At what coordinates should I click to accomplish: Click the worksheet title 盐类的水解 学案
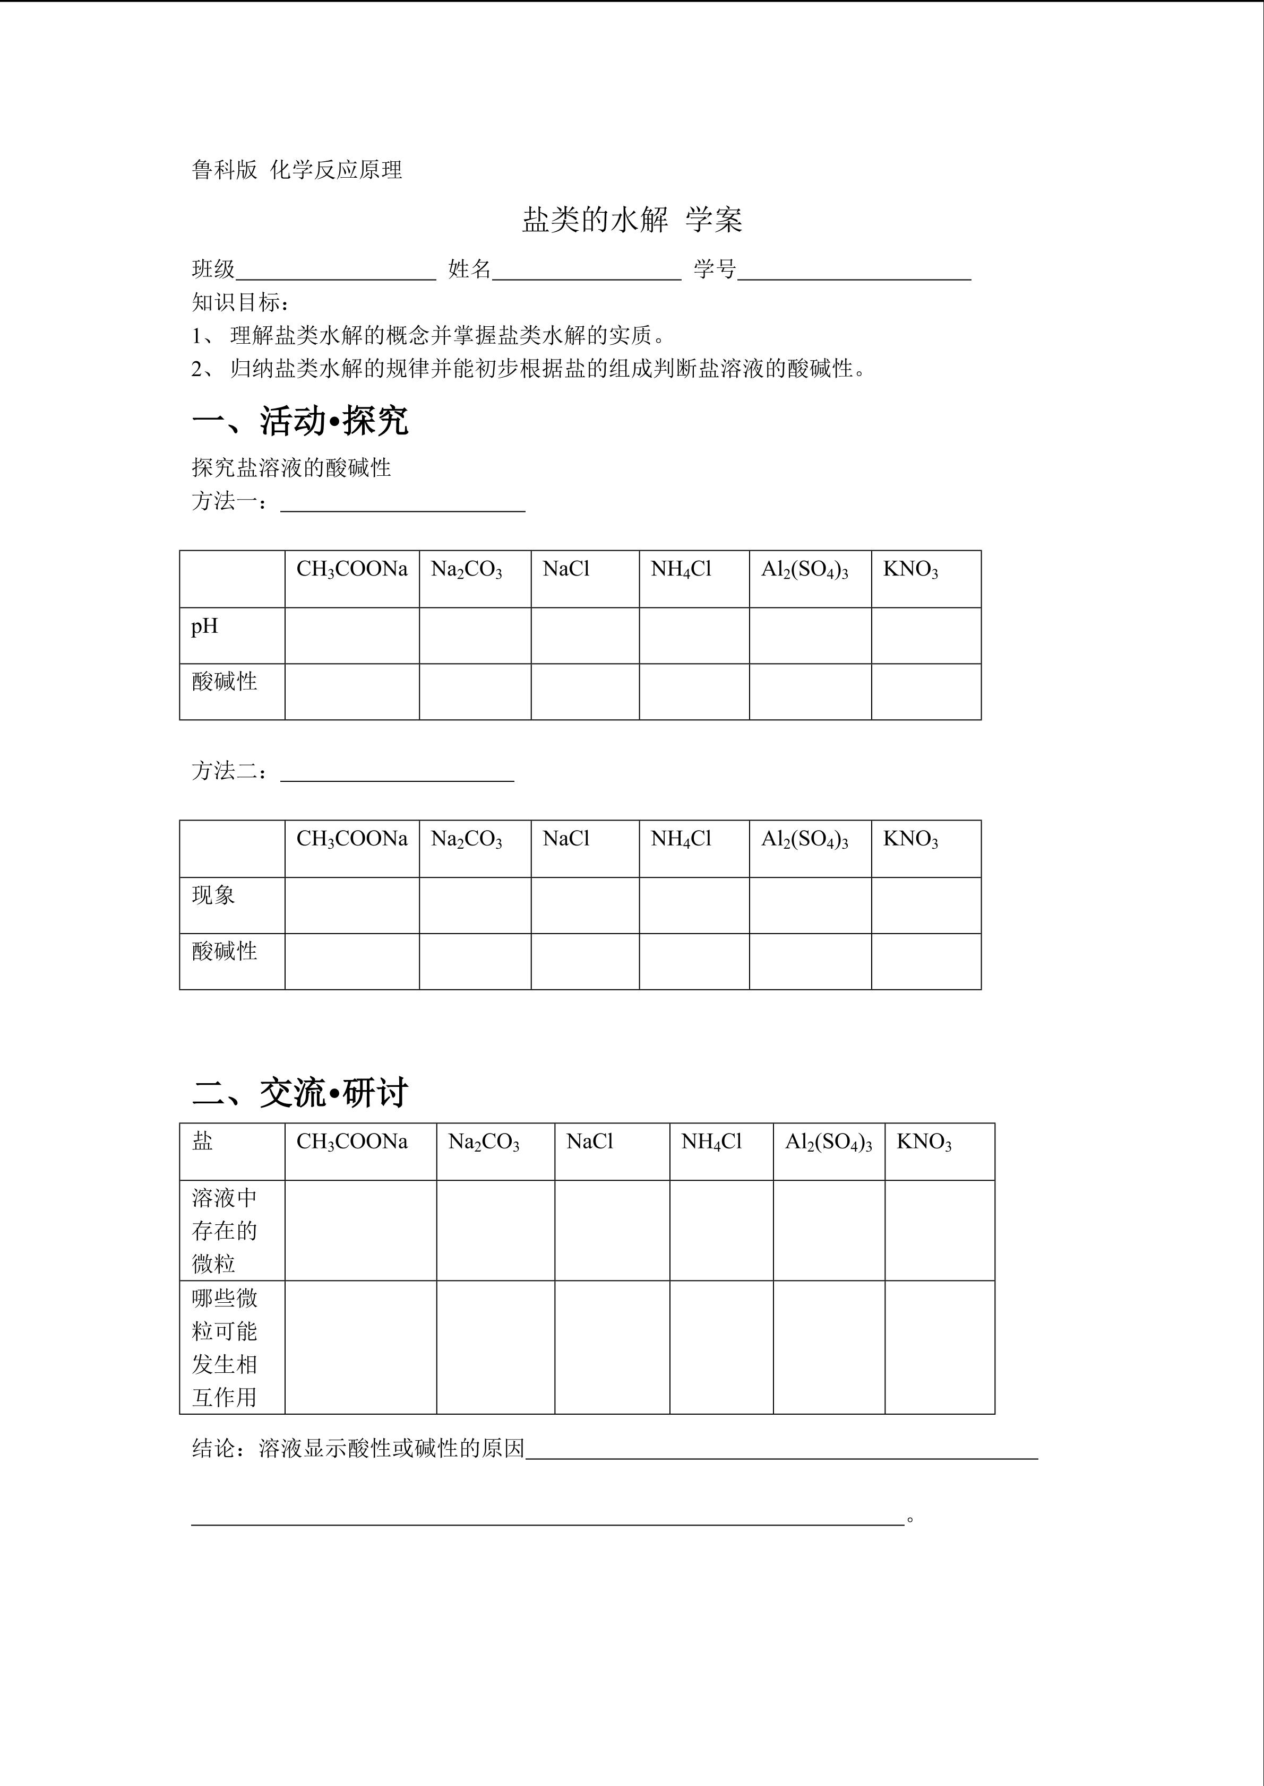pyautogui.click(x=631, y=220)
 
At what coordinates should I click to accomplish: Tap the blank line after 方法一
pyautogui.click(x=402, y=504)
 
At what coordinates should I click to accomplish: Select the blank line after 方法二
pyautogui.click(x=397, y=773)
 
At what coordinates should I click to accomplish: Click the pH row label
pyautogui.click(x=205, y=626)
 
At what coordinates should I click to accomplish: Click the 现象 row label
pyautogui.click(x=213, y=895)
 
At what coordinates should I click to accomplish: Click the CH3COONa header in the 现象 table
pyautogui.click(x=352, y=839)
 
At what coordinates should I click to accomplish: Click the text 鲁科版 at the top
pyautogui.click(x=224, y=170)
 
